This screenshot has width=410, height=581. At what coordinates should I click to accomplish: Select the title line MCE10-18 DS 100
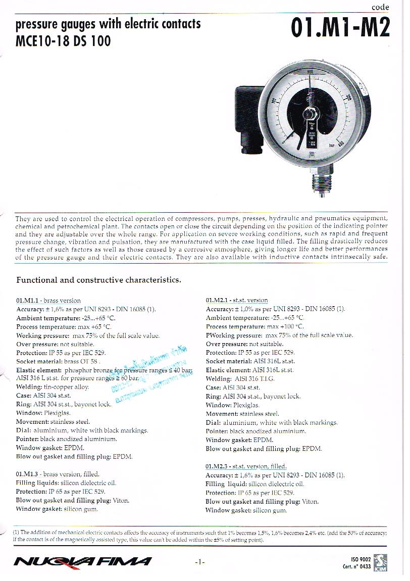click(63, 41)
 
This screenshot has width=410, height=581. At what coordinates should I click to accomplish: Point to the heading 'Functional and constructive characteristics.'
click(98, 280)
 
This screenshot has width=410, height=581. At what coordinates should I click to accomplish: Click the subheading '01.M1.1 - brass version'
click(48, 301)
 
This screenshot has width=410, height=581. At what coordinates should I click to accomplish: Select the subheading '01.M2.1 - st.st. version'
click(237, 300)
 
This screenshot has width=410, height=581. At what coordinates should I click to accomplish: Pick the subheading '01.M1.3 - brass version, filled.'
click(58, 474)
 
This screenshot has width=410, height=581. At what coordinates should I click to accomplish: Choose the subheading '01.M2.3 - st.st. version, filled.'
click(246, 466)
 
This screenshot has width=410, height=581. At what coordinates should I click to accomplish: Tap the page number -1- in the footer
click(200, 561)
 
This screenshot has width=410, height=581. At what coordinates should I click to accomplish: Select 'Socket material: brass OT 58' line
click(58, 362)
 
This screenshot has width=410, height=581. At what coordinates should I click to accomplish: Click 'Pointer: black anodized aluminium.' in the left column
click(67, 440)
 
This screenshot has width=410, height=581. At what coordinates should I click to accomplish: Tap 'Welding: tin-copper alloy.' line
click(53, 388)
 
